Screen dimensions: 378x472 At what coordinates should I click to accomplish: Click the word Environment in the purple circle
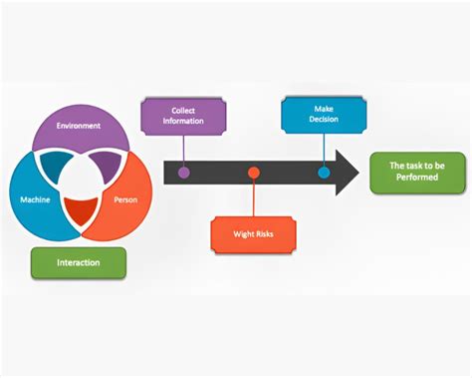coord(78,127)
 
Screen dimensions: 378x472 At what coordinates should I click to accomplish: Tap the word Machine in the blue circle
coord(35,199)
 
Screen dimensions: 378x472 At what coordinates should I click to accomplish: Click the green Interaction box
coord(80,262)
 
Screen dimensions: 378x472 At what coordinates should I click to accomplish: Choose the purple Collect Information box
coord(184,116)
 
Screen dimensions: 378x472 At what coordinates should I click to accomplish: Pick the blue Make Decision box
coord(323,114)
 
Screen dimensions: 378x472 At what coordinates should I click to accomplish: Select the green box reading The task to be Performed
coord(416,173)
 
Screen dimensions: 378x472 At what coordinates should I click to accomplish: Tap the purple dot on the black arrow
coord(184,173)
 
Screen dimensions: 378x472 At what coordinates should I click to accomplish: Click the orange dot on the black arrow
coord(254,173)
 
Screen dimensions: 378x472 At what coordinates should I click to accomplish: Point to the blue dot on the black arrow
coord(324,173)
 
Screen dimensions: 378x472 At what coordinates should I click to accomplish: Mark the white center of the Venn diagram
coord(80,184)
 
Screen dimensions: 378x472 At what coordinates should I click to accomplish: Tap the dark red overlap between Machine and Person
coord(80,211)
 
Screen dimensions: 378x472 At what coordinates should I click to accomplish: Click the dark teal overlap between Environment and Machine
coord(52,166)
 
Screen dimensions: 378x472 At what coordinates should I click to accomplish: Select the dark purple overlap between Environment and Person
coord(108,166)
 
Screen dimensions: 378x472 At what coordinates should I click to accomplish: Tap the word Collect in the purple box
coord(184,110)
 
